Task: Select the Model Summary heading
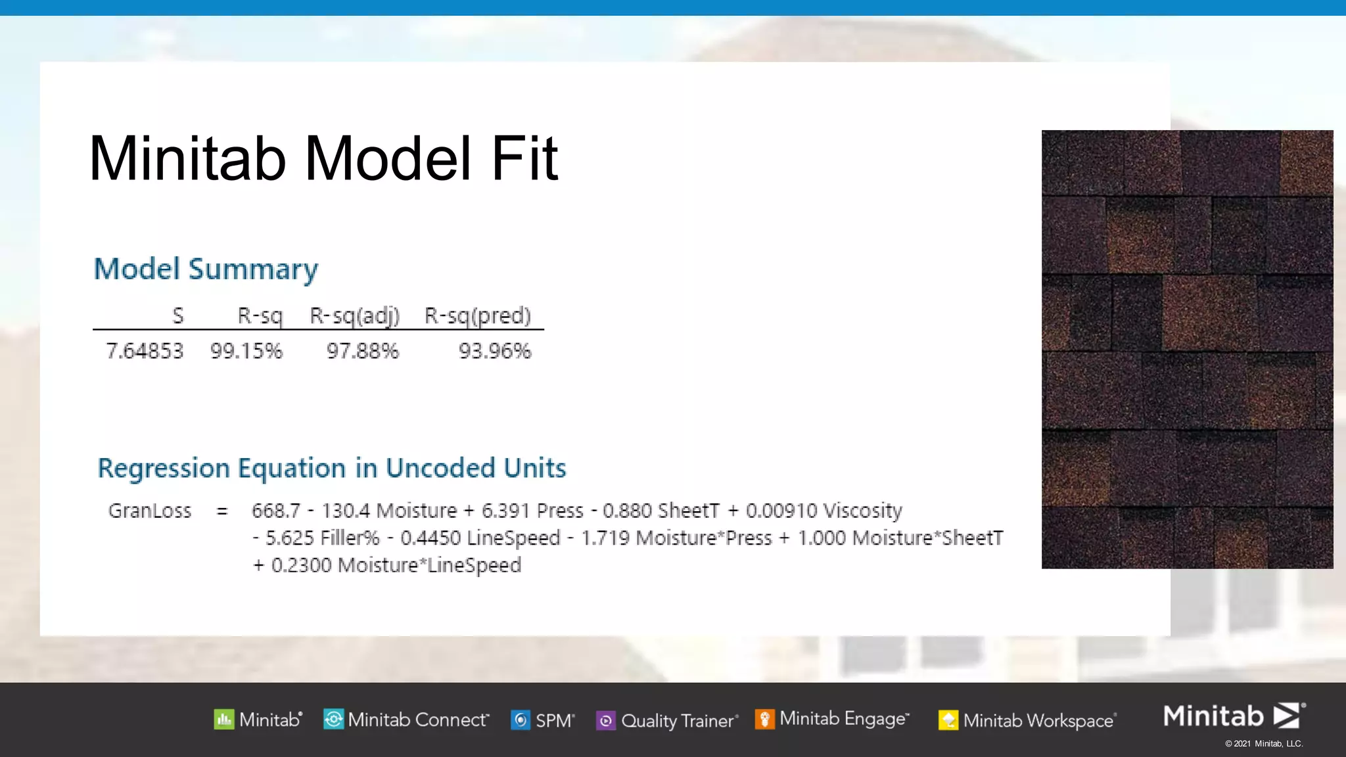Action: click(206, 269)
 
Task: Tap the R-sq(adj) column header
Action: click(355, 316)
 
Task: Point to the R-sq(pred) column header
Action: click(478, 316)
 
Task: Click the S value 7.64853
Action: click(145, 351)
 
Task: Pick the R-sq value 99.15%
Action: click(246, 351)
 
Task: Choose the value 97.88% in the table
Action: click(363, 351)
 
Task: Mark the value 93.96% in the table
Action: click(495, 351)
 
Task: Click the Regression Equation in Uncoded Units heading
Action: click(332, 468)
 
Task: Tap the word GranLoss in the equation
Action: click(150, 511)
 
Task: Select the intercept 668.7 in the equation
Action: click(276, 511)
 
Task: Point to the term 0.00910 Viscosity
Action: click(824, 511)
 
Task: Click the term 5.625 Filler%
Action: click(322, 538)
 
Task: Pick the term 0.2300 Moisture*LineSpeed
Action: click(396, 565)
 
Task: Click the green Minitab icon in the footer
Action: click(224, 720)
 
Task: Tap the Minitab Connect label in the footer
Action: click(418, 720)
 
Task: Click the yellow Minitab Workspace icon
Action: click(948, 720)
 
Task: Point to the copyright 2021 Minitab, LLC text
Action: click(1264, 744)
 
